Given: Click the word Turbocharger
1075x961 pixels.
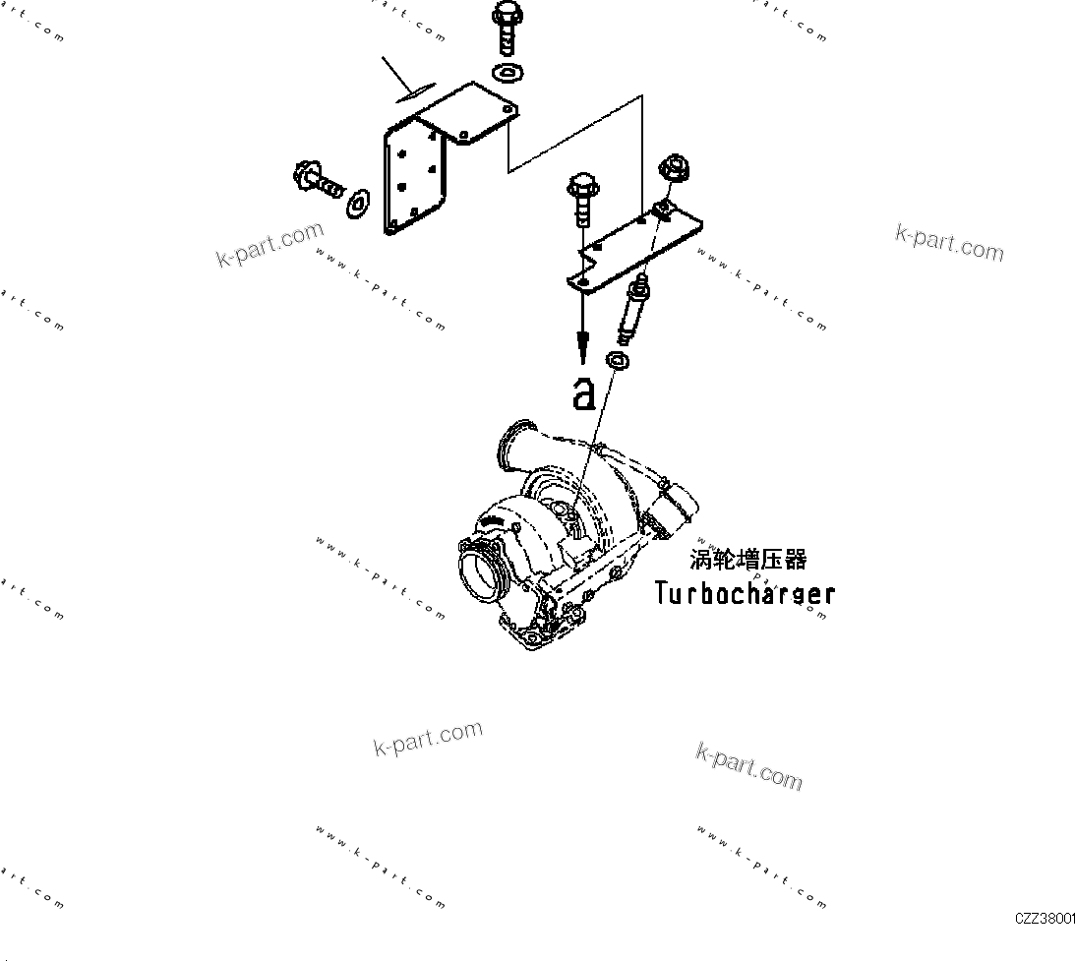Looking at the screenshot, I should click(x=746, y=593).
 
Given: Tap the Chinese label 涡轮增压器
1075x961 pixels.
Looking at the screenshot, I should click(x=747, y=560).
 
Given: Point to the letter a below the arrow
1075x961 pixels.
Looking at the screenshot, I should click(x=584, y=393).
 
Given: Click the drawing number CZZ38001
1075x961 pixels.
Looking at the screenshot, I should click(x=1045, y=918).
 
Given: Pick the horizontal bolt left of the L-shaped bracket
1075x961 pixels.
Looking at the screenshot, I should click(x=320, y=181).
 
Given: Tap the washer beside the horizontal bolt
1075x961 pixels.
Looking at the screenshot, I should click(x=359, y=204).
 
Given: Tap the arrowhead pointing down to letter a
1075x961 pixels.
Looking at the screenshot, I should click(x=584, y=344).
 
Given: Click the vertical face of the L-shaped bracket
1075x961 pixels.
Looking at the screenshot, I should click(x=411, y=177).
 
